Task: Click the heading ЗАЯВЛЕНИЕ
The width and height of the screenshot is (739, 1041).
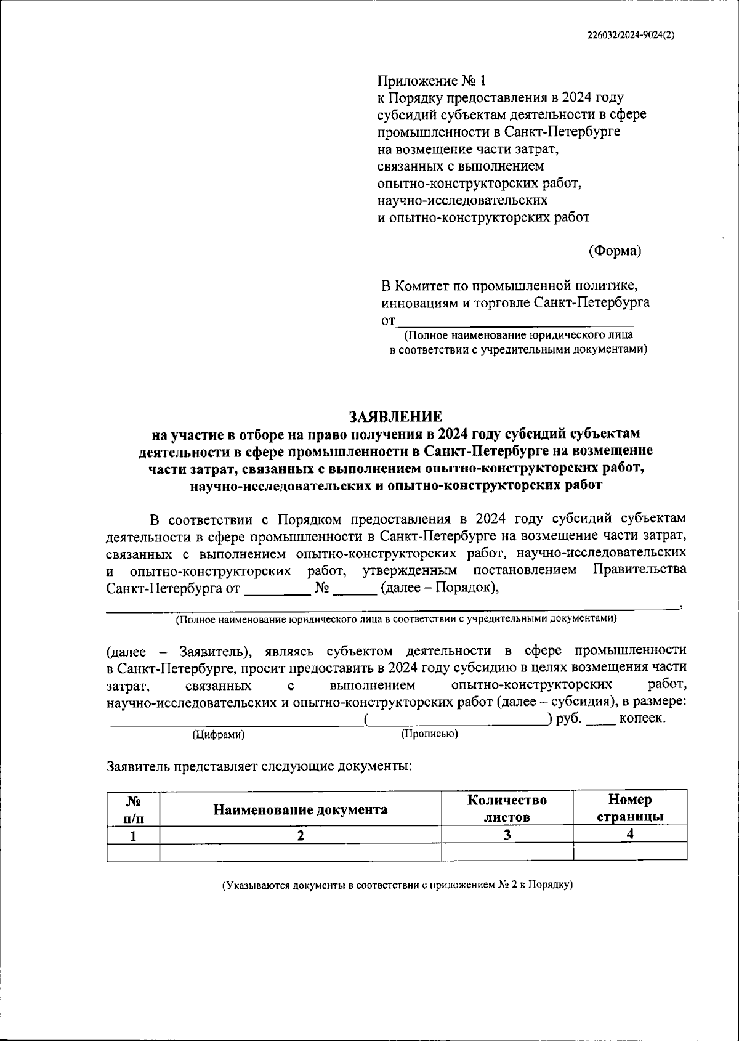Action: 396,416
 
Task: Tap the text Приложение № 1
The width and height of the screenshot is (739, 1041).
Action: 432,81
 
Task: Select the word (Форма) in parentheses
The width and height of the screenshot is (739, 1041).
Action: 615,251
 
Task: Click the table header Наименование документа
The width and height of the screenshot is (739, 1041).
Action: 300,809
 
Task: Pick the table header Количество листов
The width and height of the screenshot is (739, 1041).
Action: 507,808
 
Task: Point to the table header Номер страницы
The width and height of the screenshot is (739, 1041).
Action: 629,808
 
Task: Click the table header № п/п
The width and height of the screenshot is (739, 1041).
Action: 133,809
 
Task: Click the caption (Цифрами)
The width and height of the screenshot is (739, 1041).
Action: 218,735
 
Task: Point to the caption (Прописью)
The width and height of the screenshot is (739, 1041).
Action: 429,734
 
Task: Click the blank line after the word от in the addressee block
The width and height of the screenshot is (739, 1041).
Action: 515,321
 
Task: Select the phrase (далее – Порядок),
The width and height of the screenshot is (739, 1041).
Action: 440,588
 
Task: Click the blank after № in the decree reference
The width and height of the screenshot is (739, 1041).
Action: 353,589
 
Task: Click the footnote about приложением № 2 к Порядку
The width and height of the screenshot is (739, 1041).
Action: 398,885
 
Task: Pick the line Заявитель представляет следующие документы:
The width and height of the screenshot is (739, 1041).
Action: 259,767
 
